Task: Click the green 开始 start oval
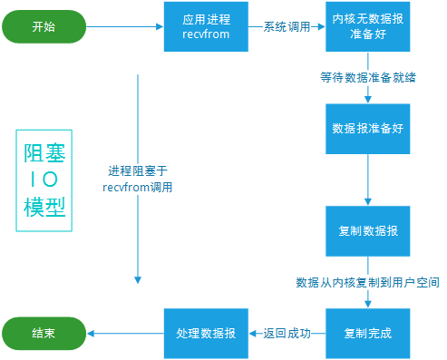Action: pyautogui.click(x=43, y=27)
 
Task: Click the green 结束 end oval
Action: pyautogui.click(x=43, y=333)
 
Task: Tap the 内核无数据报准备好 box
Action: pyautogui.click(x=368, y=26)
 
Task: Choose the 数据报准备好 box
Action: pyautogui.click(x=368, y=129)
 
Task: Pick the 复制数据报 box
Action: pyautogui.click(x=368, y=231)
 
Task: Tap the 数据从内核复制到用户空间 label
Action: pyautogui.click(x=367, y=283)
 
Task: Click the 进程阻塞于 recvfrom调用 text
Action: pyautogui.click(x=138, y=179)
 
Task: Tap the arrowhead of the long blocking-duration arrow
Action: pyautogui.click(x=138, y=279)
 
